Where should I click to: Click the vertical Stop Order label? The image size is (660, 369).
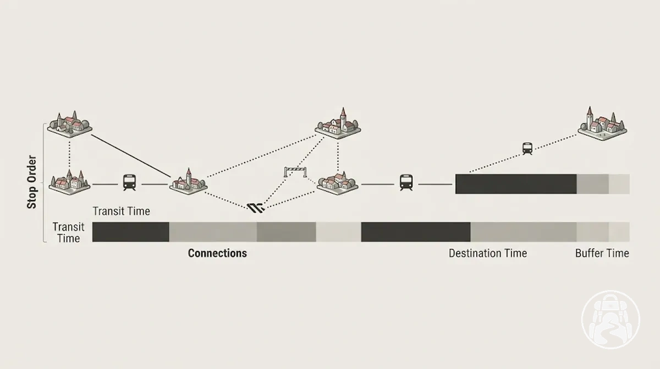[31, 182]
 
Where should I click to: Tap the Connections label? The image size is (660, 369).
[217, 253]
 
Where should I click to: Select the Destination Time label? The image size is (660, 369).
[488, 253]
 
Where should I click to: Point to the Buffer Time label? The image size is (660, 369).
[602, 253]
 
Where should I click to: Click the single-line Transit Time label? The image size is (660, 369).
[122, 211]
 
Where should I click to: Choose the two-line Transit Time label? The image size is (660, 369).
[68, 232]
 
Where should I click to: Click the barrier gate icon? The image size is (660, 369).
[295, 172]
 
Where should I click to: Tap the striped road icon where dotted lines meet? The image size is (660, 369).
[256, 208]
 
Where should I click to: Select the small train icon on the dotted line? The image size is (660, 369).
[527, 149]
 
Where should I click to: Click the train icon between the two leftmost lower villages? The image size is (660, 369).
[129, 182]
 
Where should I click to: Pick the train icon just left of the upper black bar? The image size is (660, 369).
[406, 182]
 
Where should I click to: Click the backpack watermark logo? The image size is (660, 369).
[611, 320]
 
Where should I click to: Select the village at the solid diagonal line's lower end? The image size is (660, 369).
[188, 181]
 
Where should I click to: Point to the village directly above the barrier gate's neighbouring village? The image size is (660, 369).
[338, 123]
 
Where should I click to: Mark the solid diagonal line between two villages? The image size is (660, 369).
[131, 156]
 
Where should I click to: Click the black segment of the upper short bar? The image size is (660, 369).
[516, 184]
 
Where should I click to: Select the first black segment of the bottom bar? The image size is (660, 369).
[130, 232]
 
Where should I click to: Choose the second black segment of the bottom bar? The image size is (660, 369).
[416, 232]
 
